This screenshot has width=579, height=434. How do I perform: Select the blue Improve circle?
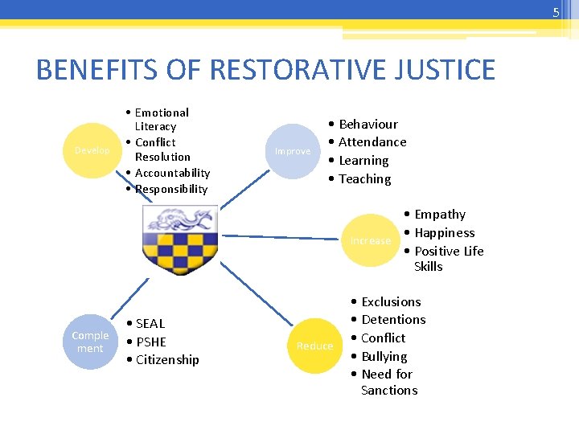(x=293, y=151)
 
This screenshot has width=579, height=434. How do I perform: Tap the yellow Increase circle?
(x=371, y=240)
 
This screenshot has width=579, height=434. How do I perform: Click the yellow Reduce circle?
(x=314, y=346)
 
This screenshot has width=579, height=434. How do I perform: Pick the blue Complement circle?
(x=90, y=342)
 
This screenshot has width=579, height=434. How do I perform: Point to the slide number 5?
(x=555, y=12)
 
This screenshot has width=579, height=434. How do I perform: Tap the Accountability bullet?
(x=172, y=173)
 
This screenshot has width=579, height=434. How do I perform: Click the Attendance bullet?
(x=372, y=142)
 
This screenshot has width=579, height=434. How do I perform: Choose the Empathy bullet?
(x=439, y=215)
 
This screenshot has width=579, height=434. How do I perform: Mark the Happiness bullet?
(x=444, y=233)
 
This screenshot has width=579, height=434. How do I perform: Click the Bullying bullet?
(x=384, y=356)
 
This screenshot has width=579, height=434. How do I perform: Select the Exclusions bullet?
(x=391, y=302)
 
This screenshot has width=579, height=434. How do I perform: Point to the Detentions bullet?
(x=393, y=320)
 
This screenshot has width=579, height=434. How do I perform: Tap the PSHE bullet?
(x=150, y=342)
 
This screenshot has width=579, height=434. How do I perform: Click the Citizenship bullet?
(x=167, y=360)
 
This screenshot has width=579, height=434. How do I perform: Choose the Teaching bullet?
(x=364, y=179)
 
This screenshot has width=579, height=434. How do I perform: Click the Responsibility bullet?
(x=171, y=190)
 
